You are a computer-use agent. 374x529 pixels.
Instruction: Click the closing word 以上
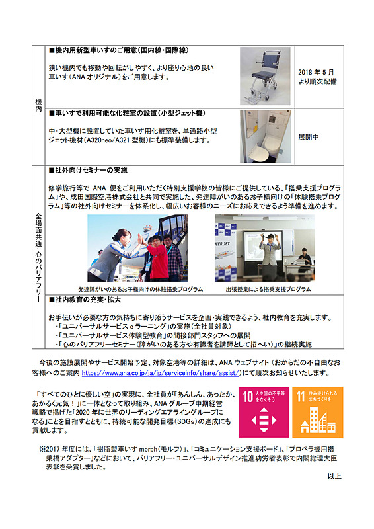click(x=334, y=476)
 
